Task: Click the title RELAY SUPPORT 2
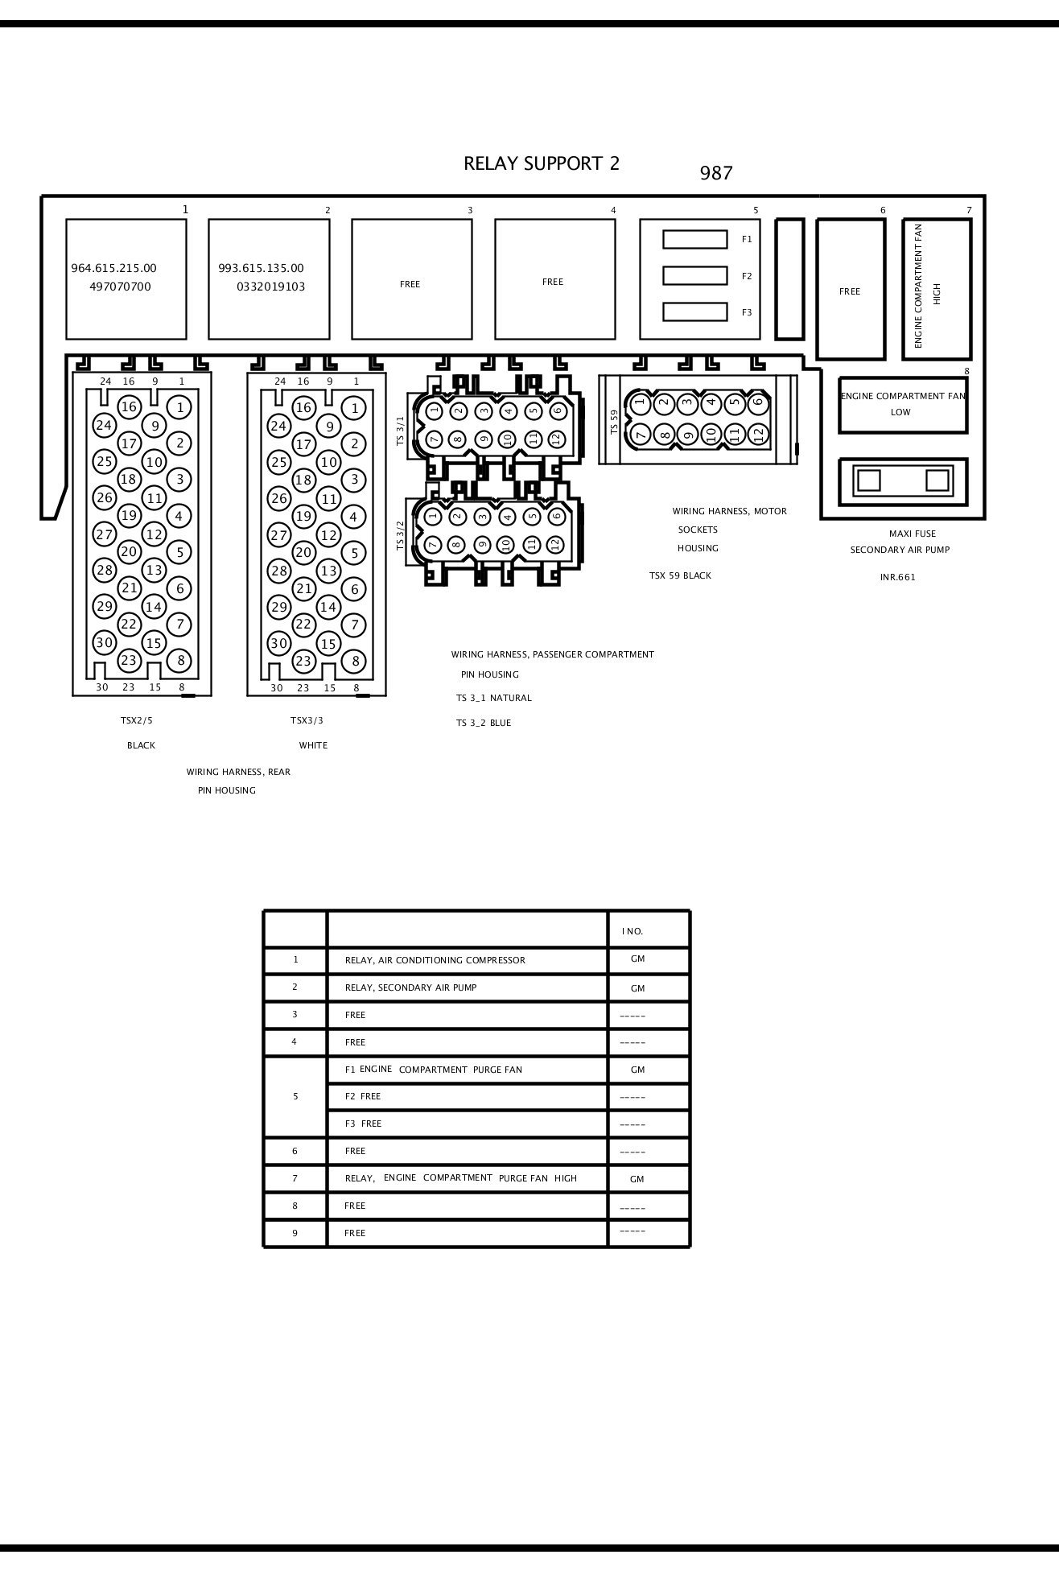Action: click(542, 163)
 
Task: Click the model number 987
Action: click(715, 173)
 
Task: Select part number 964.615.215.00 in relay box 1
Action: click(113, 269)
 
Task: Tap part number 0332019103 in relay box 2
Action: click(270, 287)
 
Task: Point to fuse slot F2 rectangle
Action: click(694, 275)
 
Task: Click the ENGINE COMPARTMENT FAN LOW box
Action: click(902, 405)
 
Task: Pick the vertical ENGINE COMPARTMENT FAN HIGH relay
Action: click(936, 288)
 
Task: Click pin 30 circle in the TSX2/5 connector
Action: click(105, 642)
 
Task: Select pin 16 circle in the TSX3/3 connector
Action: click(303, 407)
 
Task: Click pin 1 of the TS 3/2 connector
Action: click(433, 516)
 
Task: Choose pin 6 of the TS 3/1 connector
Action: click(558, 410)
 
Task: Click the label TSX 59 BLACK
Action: click(680, 576)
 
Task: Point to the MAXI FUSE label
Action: click(912, 534)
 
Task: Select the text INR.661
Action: click(897, 577)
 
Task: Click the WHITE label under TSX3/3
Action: click(313, 745)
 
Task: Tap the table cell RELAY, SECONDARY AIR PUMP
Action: click(410, 988)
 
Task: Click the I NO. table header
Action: click(633, 931)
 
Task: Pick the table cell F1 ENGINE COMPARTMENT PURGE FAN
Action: click(433, 1070)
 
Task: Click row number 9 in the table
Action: click(295, 1233)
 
